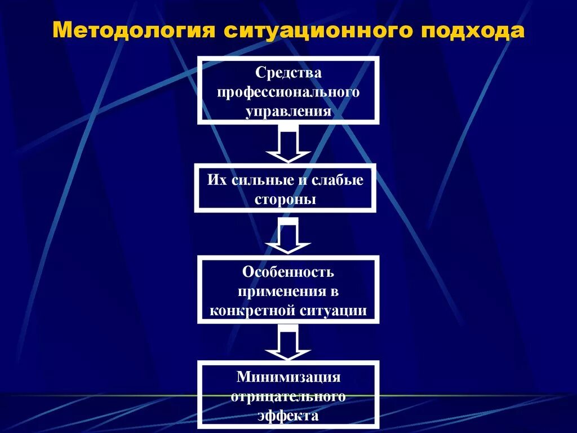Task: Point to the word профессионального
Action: tap(288, 91)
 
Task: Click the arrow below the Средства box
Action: tap(288, 145)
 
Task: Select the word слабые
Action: tap(336, 180)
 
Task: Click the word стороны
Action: tap(285, 199)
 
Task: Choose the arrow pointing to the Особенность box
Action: tap(288, 236)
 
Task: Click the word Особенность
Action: tap(288, 272)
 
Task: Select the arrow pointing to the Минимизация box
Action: tap(288, 344)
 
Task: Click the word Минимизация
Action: tap(288, 377)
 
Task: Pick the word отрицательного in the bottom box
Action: tap(288, 396)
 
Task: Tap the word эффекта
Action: tap(288, 415)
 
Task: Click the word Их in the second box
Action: tap(216, 180)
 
